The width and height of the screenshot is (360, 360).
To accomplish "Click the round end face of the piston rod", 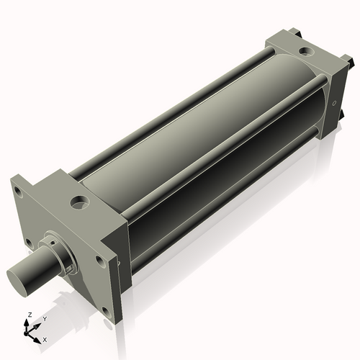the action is click(17, 280).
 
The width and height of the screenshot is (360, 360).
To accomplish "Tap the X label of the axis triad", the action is click(45, 340).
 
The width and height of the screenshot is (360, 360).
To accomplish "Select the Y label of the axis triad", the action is click(45, 319).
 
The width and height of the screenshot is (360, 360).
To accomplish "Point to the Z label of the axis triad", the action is click(30, 315).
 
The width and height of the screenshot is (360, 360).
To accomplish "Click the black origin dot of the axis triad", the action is click(26, 333).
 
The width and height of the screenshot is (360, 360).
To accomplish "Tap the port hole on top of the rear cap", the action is click(306, 51).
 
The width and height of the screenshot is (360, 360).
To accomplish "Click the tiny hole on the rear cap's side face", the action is click(334, 103).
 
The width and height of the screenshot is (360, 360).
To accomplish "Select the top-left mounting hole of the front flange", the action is click(19, 192).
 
